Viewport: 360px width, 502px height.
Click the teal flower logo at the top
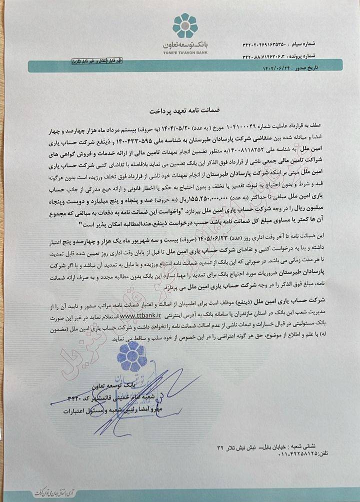coord(185,25)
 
